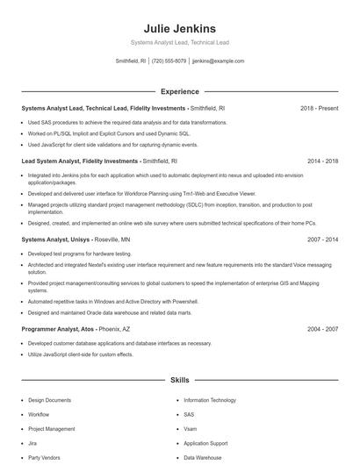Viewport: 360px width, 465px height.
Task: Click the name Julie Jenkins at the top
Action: point(179,28)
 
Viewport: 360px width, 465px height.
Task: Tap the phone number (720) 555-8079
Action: point(169,61)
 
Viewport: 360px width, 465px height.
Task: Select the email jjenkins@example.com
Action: point(218,61)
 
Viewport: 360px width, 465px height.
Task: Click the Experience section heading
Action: point(179,91)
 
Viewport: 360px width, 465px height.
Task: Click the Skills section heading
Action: point(179,380)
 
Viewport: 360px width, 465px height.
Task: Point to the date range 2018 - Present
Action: point(319,108)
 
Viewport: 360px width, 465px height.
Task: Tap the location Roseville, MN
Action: point(112,239)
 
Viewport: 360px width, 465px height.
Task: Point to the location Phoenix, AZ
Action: point(114,329)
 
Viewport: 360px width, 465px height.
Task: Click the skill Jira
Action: point(32,443)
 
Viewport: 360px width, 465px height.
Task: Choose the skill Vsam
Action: point(190,429)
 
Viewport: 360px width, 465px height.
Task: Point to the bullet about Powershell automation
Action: point(119,299)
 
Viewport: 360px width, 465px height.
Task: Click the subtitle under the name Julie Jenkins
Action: point(179,41)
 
